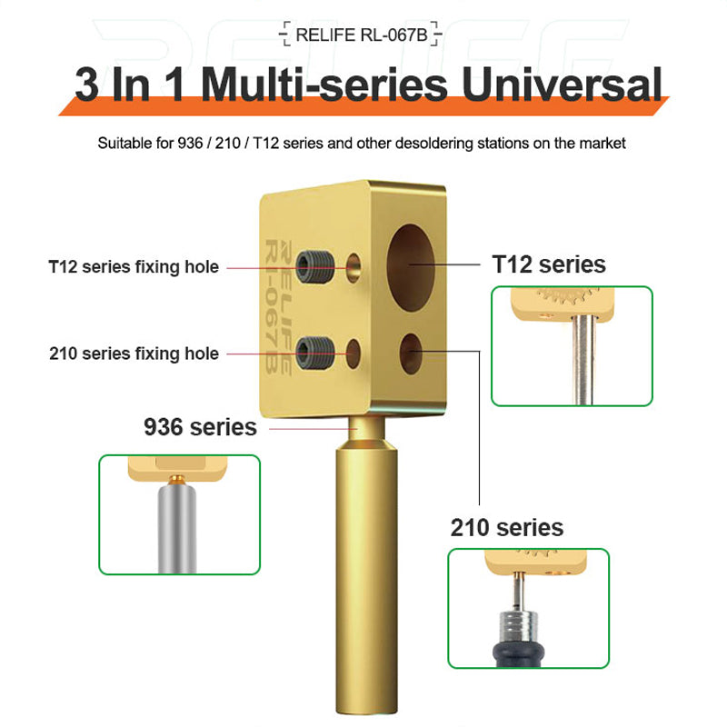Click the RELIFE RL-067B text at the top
363,35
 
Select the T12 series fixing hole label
134,267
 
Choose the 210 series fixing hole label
134,354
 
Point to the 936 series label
200,426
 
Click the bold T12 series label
548,264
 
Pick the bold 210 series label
506,527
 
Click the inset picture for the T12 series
571,345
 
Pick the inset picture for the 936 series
179,514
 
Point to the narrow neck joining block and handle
363,423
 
